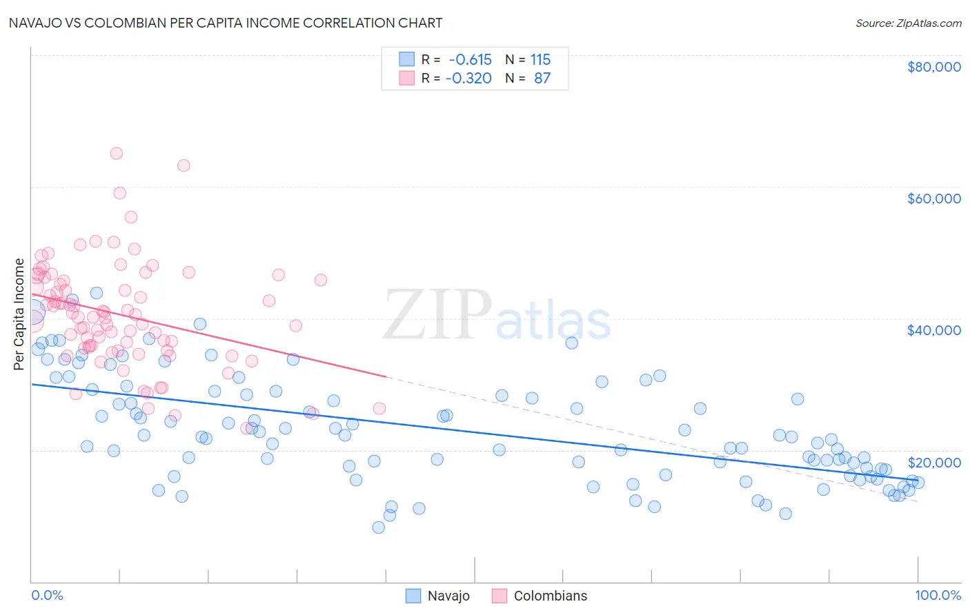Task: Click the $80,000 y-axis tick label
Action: tap(933, 67)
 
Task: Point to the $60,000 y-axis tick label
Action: tap(933, 199)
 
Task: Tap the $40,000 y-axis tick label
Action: tap(933, 330)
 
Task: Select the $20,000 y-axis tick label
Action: tap(933, 463)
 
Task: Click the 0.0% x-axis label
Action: tap(47, 596)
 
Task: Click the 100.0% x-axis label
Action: tap(938, 596)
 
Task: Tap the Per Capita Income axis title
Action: tap(19, 314)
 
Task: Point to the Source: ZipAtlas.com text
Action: tap(908, 23)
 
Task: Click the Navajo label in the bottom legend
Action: tap(448, 596)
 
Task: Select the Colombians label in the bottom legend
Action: tap(550, 596)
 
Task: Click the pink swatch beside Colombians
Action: tap(499, 596)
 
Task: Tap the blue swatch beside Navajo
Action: tap(413, 596)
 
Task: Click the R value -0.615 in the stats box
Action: tap(470, 60)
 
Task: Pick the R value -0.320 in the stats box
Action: tap(468, 79)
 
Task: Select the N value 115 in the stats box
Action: tap(540, 60)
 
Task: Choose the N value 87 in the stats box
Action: tap(542, 79)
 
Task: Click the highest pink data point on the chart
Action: tap(117, 154)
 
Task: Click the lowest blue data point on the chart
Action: tap(378, 527)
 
